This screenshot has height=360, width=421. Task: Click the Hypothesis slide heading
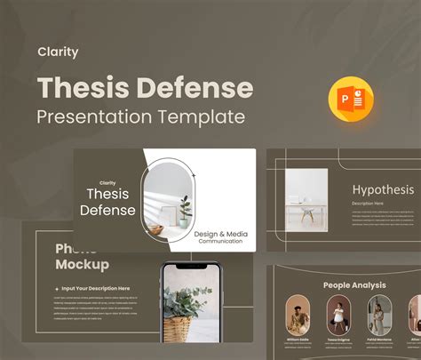click(383, 189)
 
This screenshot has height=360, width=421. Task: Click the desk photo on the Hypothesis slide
click(306, 200)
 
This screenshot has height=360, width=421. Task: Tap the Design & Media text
click(220, 234)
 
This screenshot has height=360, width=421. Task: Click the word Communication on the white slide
click(220, 242)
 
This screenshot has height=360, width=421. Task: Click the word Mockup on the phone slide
click(82, 264)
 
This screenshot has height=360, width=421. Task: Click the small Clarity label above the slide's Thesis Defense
click(107, 183)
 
